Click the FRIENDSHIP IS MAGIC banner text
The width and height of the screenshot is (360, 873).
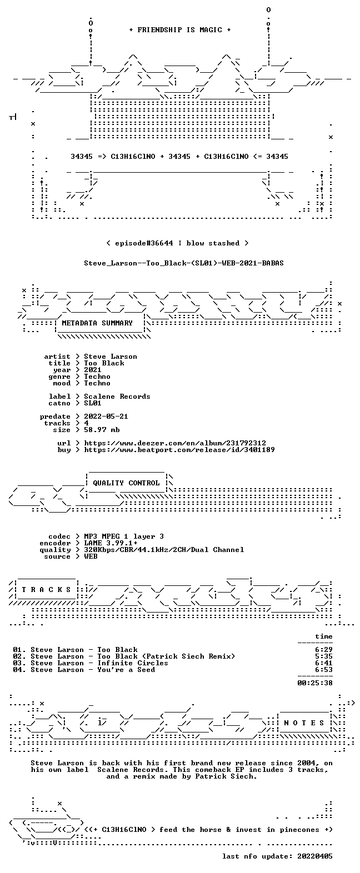180,30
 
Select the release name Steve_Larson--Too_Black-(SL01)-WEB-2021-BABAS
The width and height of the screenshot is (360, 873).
184,263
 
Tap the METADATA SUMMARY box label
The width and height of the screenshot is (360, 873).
97,323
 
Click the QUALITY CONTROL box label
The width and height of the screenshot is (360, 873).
126,483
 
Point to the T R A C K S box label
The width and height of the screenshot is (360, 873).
46,590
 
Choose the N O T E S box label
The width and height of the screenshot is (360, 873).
304,723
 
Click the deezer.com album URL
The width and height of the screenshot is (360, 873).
175,443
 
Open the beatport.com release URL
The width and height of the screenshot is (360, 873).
179,450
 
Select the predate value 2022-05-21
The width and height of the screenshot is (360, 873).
106,417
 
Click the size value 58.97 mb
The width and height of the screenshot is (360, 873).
102,430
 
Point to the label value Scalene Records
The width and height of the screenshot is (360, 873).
117,397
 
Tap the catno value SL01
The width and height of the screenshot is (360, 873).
93,403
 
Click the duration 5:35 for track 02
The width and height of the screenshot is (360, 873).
324,657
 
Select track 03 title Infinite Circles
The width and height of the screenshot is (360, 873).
133,663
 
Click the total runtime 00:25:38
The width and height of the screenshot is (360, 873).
315,683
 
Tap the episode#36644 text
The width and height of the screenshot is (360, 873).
144,243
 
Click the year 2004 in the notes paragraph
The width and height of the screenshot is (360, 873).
306,763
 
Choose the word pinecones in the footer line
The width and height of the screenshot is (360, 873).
299,830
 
